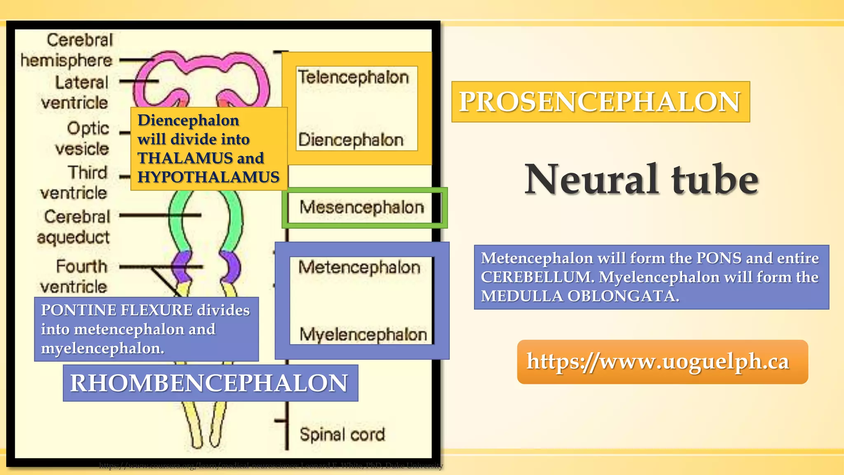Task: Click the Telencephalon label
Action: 353,78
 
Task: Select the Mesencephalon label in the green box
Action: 361,207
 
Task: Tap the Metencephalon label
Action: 359,268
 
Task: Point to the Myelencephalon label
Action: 363,334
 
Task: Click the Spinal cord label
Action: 342,435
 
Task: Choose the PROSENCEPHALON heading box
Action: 600,102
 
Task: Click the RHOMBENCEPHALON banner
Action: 210,383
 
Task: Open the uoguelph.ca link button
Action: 662,362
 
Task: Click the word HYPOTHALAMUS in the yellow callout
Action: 208,177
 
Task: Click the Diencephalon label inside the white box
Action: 351,140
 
